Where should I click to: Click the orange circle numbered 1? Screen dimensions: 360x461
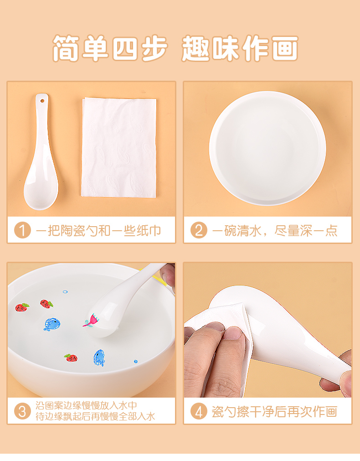coord(23,230)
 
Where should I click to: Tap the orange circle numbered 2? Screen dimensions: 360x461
coord(199,230)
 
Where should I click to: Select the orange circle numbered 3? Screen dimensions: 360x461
coord(23,411)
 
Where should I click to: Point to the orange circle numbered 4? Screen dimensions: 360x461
coord(199,411)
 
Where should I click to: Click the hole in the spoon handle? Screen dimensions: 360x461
coord(42,101)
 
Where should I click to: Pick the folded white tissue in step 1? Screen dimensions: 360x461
coord(119,147)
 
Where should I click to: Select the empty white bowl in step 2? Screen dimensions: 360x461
coord(267,148)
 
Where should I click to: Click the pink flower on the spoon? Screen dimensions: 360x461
coord(91,321)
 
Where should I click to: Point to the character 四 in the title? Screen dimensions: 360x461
coord(125,48)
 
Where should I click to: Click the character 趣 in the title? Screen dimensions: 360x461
coord(195,48)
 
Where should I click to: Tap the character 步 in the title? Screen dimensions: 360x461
coord(155,48)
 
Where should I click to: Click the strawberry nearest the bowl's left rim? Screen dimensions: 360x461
coord(22,307)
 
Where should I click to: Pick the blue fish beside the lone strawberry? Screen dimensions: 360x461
coord(99,357)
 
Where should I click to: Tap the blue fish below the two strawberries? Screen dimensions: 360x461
coord(52,324)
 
